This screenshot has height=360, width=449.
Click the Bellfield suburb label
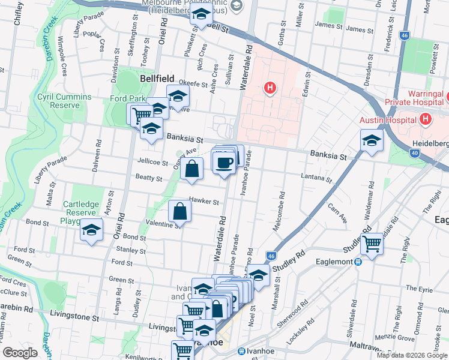tap(157, 79)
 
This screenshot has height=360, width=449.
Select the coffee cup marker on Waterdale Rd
tap(224, 162)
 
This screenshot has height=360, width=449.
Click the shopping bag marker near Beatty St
tap(191, 169)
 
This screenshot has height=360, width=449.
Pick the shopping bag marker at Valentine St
tap(180, 211)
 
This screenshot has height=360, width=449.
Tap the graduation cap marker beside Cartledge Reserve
tap(91, 230)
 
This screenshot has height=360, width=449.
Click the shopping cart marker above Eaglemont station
tap(372, 244)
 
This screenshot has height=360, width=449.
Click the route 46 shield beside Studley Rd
tap(272, 256)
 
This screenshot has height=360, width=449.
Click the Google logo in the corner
tap(20, 353)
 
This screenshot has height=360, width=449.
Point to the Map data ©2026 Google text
tap(411, 355)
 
